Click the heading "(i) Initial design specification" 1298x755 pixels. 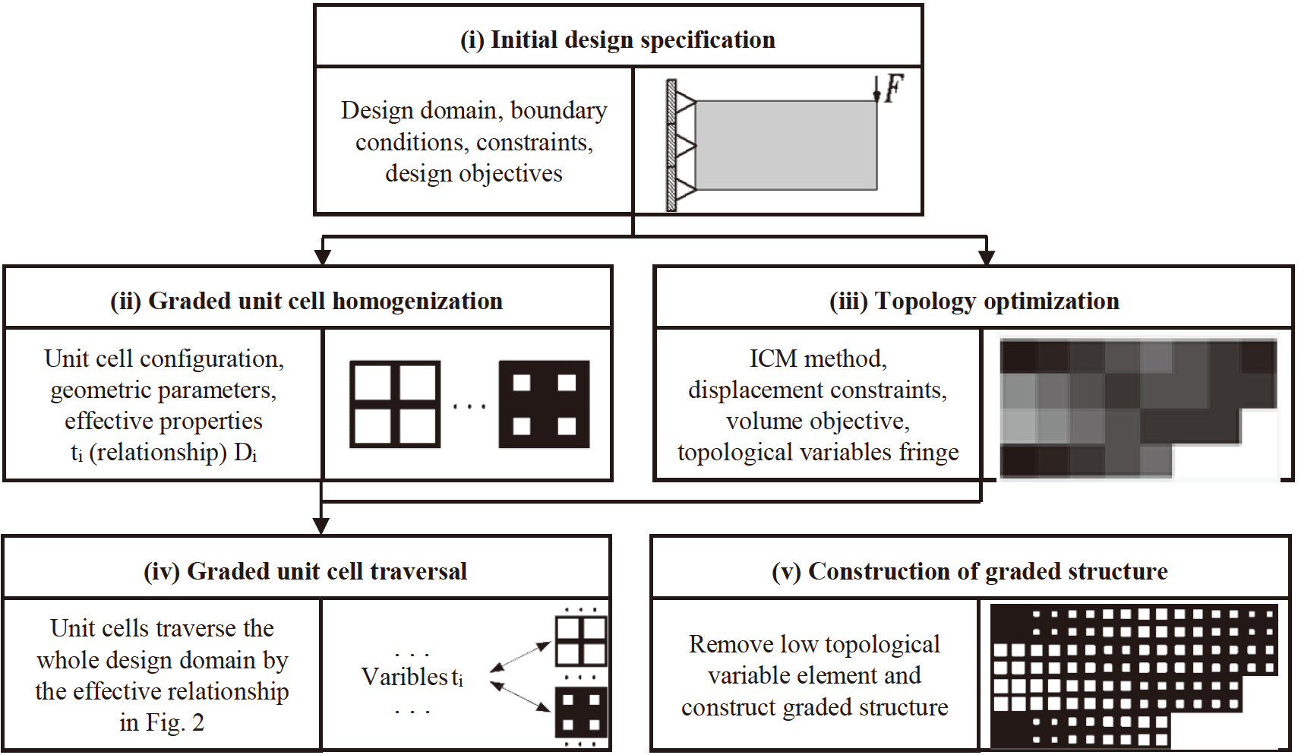(617, 39)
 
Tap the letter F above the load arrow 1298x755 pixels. (894, 88)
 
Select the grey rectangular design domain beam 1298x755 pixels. (785, 145)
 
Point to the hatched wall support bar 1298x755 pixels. (671, 145)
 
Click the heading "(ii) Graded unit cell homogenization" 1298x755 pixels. (306, 301)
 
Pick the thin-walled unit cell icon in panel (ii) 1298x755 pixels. (394, 404)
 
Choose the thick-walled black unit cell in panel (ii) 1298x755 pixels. (544, 404)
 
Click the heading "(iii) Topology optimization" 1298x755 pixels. (974, 301)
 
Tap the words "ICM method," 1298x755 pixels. (817, 358)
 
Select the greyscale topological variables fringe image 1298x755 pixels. (1138, 408)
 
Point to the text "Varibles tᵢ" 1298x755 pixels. (412, 676)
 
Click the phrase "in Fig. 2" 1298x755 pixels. (162, 722)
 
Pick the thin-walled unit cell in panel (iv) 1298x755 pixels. (581, 642)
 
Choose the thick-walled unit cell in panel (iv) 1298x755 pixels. (581, 712)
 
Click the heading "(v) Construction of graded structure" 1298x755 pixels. (969, 571)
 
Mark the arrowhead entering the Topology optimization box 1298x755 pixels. (987, 257)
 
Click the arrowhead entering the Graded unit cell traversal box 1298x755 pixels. (321, 526)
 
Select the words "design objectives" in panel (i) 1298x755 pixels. (473, 174)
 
